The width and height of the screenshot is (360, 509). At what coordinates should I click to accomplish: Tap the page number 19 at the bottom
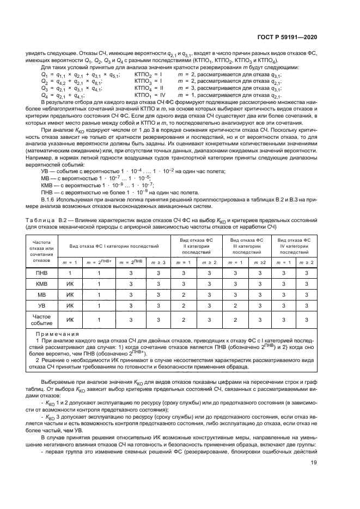coord(314,463)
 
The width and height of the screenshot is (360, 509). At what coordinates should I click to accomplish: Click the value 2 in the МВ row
coord(183,295)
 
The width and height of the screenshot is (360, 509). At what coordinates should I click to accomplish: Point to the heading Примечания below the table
coord(57,334)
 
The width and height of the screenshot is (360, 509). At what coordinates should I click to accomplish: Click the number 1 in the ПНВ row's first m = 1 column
coord(70,273)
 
